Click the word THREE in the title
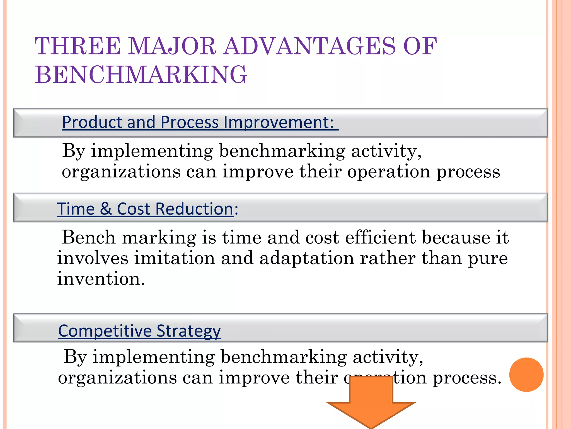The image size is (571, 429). point(78,46)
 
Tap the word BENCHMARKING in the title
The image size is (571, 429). point(141,75)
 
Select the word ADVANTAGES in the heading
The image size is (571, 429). point(310,46)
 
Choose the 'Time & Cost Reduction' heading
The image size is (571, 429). point(145,209)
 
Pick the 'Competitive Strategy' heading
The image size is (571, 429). point(139,331)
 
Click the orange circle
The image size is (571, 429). point(526,375)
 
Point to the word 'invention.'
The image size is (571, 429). point(101,278)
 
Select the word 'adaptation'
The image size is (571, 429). point(307,258)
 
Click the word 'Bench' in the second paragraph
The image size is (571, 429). point(89,237)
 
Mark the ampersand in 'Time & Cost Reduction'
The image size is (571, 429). point(106,209)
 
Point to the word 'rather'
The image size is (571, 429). point(388,258)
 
